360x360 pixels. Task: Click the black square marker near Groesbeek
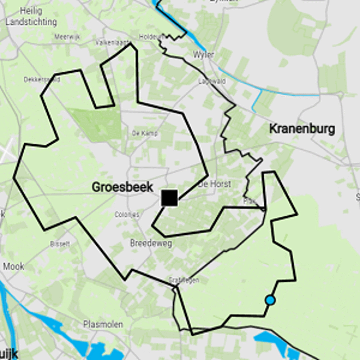(169, 198)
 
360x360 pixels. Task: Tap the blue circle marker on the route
(270, 300)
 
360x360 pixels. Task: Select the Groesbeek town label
(122, 187)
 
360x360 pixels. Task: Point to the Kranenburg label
(301, 129)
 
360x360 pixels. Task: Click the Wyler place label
(203, 55)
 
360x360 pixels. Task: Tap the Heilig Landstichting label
(31, 17)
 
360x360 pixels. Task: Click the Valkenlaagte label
(110, 43)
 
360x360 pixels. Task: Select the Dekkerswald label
(41, 80)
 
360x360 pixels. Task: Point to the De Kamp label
(141, 133)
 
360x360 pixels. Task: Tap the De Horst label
(215, 184)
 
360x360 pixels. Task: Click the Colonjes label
(127, 215)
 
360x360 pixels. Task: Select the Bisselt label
(61, 244)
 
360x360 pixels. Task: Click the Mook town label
(13, 266)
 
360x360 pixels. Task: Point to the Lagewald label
(212, 81)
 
